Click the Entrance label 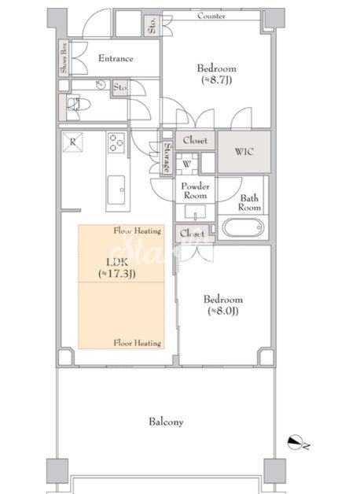tap(116, 58)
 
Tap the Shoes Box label tap(64, 57)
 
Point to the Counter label tap(211, 16)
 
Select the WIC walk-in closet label tap(244, 152)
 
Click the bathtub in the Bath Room tap(243, 228)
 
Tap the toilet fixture tap(79, 105)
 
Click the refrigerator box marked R tap(72, 142)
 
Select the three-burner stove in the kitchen tap(116, 142)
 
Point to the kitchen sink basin tap(116, 190)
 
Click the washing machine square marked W tap(186, 164)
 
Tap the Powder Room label tap(195, 190)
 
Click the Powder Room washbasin tap(195, 212)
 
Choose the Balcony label tap(166, 422)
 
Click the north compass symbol tap(296, 442)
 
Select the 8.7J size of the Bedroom tap(216, 80)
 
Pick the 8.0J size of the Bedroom tap(222, 311)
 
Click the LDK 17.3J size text tap(117, 274)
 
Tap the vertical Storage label tap(167, 157)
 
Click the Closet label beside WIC tap(195, 140)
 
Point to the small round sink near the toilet tap(101, 84)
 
